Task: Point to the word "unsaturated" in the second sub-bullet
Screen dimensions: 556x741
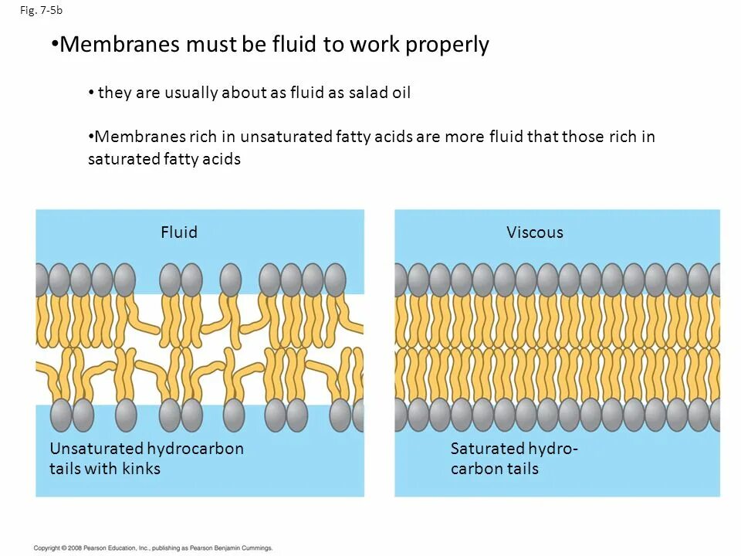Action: [286, 137]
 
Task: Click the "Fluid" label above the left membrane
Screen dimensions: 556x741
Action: [179, 232]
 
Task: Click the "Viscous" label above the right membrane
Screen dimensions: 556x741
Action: [535, 232]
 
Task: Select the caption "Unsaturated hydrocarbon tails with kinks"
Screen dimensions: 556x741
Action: [146, 459]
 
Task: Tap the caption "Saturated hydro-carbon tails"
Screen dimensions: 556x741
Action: [514, 459]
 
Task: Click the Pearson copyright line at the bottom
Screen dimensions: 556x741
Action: [154, 548]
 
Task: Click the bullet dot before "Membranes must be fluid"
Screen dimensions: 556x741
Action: [54, 43]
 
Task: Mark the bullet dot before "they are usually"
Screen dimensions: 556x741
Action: [91, 93]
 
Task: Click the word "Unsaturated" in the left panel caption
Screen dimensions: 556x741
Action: [96, 449]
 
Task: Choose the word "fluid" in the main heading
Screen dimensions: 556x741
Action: [295, 45]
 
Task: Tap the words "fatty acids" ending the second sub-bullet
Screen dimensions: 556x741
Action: [202, 159]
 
